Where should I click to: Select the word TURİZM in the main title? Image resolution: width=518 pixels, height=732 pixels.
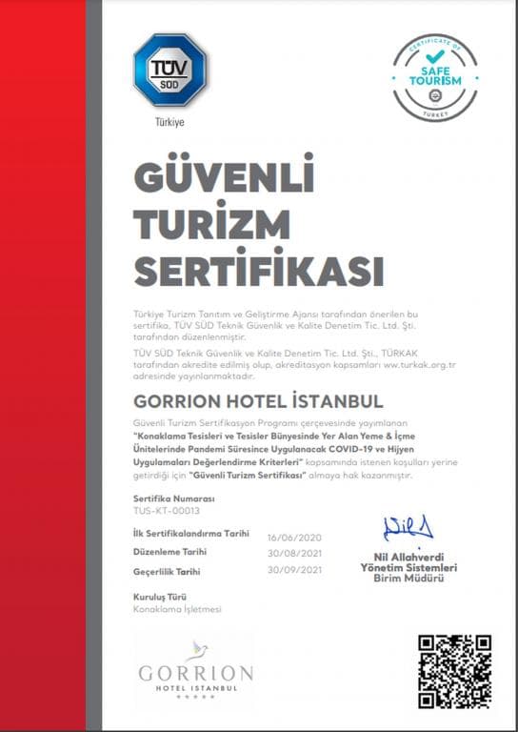coord(211,225)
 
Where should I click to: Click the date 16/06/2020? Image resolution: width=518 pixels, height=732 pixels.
coord(296,536)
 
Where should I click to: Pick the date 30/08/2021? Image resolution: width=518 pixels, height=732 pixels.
coord(296,553)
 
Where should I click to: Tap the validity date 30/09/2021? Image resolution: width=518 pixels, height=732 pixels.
coord(296,570)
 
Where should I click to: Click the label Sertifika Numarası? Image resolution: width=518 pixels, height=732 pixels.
coord(174,498)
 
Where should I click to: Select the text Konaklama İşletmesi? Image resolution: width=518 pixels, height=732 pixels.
coord(177,608)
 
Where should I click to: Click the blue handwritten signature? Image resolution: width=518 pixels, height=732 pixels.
coord(408,528)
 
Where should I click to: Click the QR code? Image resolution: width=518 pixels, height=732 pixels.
coord(454,670)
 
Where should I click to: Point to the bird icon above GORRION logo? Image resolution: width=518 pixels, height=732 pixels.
coord(197,652)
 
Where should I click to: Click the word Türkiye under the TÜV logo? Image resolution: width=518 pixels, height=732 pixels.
coord(170,122)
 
